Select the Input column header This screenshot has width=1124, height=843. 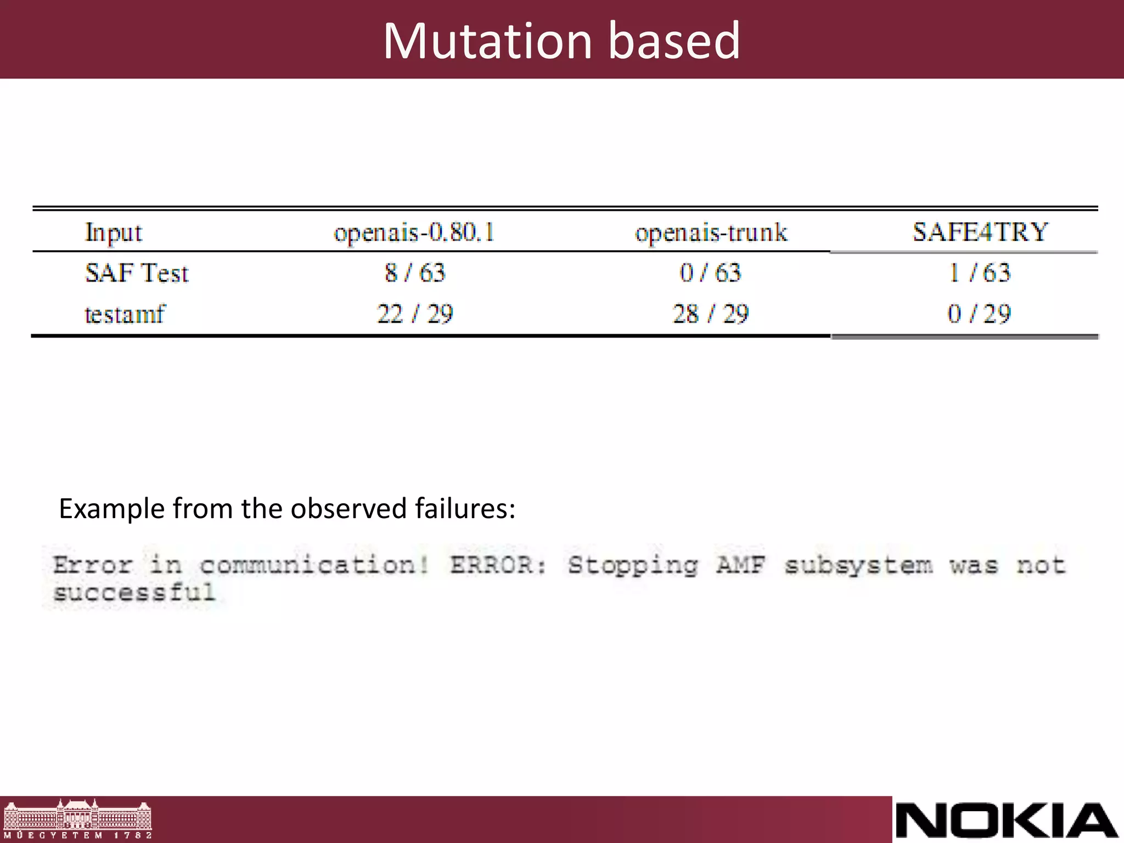click(114, 233)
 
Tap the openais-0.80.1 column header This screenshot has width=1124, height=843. click(414, 233)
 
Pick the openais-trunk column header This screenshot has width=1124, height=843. click(711, 233)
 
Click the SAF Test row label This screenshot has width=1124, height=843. click(137, 273)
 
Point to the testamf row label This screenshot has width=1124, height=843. click(125, 314)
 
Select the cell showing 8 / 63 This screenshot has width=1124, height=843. click(415, 273)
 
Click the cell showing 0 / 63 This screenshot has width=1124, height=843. click(710, 273)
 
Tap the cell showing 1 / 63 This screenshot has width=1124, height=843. click(980, 273)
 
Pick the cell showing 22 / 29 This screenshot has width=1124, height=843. click(415, 314)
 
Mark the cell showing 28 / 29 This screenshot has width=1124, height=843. click(710, 314)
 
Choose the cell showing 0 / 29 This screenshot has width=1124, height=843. click(979, 314)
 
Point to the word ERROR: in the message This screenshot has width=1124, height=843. click(498, 565)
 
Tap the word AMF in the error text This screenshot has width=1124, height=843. click(740, 565)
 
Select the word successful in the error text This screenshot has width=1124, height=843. click(134, 593)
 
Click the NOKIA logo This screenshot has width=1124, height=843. click(1007, 820)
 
